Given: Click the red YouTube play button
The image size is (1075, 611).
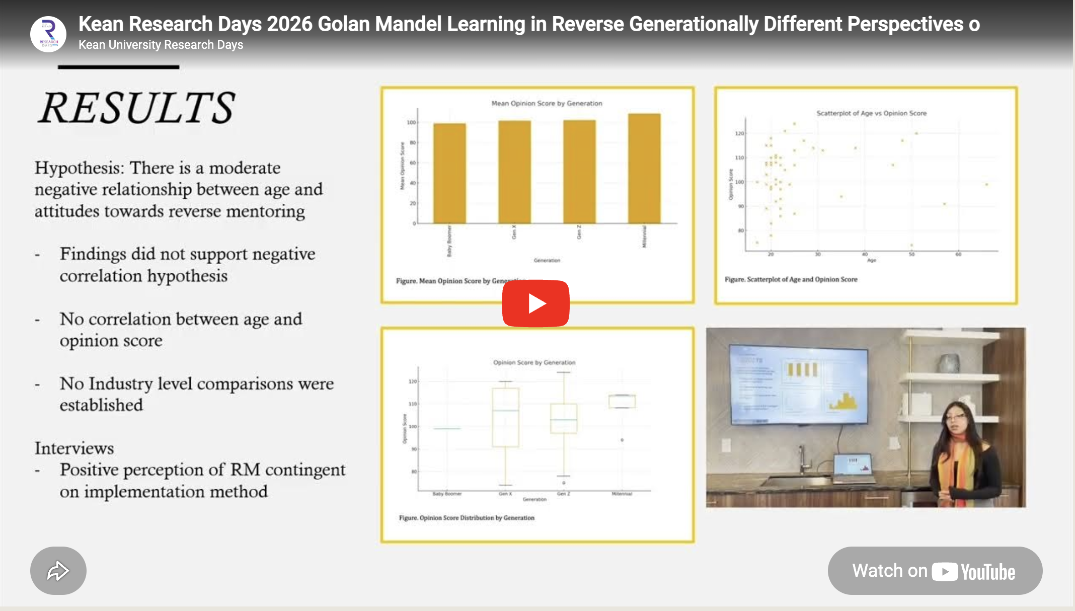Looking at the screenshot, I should pos(535,303).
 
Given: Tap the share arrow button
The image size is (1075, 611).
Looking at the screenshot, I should pos(58,571).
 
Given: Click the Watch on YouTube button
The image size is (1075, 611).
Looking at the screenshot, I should pos(935,571).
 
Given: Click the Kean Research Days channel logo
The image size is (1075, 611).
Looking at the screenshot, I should pos(48,34).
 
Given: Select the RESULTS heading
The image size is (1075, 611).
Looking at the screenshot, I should pos(137,108).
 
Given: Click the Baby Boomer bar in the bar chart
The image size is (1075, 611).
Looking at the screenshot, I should pos(449,173).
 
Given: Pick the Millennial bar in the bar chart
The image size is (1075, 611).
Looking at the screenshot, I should pos(644,168).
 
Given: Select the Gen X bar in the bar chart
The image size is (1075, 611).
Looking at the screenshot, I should pos(514,172).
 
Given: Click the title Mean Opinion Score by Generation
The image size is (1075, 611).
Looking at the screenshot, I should pos(547,103).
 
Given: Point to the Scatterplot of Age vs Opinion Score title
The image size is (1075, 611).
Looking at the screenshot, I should pos(871,113).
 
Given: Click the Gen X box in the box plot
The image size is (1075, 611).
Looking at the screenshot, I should pos(505,417).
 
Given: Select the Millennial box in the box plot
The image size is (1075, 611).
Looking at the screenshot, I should pos(622,401).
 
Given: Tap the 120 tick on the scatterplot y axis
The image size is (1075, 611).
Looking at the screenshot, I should pos(739,133).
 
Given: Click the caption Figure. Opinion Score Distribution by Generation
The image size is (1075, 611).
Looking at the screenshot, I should pos(467,517).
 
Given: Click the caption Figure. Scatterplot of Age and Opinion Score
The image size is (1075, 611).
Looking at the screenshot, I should pos(791,279).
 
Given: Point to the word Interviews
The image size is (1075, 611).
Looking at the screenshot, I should pos(74,448).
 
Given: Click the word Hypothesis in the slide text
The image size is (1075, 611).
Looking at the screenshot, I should pos(79,168).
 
